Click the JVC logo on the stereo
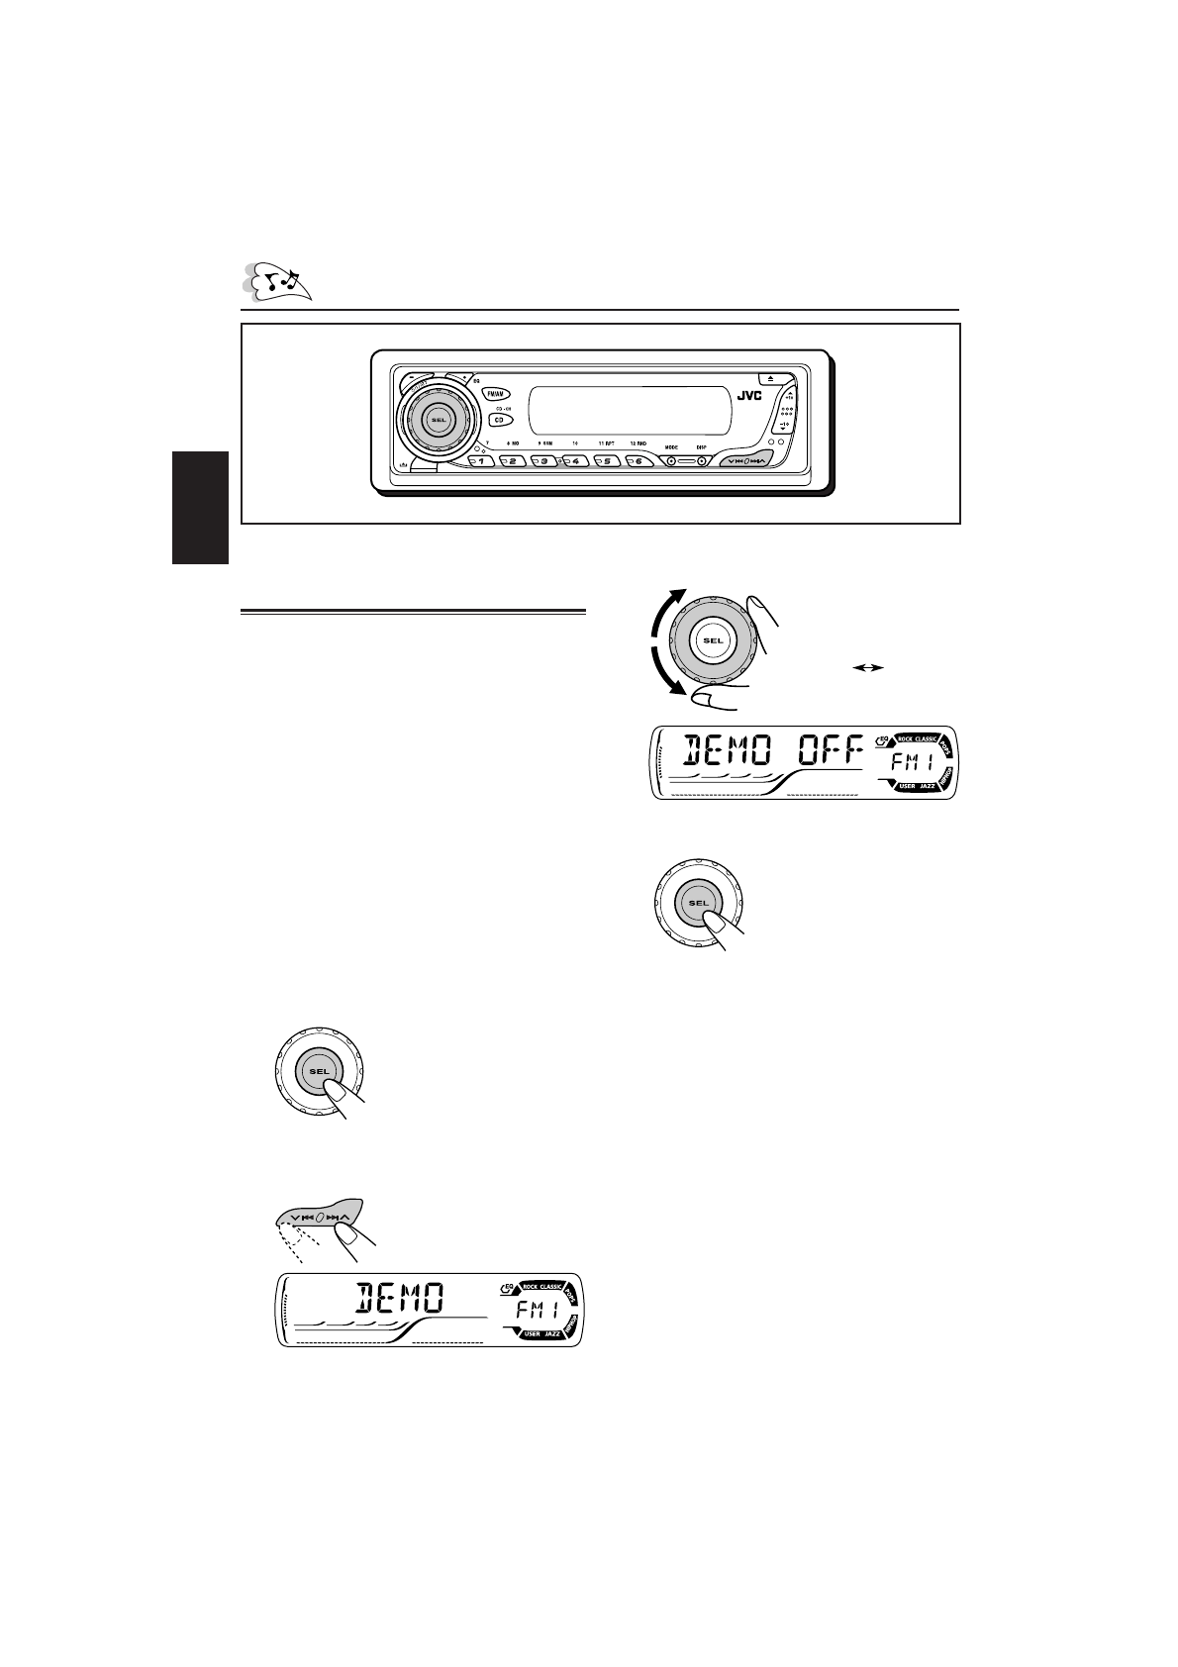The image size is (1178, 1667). coord(749,396)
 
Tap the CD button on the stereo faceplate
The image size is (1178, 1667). coord(498,419)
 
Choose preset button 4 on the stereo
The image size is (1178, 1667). coord(575,461)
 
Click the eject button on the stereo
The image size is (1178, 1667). coord(772,378)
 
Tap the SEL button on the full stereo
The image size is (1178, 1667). coord(439,420)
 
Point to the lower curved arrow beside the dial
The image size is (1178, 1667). coord(660,673)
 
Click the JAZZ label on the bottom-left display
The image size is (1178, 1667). coord(550,1334)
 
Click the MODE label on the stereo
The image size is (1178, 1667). coord(670,446)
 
